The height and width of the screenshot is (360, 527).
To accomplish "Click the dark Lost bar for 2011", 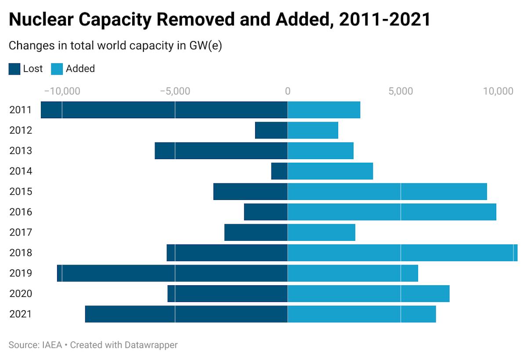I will click(164, 110).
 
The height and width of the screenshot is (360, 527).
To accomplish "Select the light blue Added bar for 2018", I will click(402, 253).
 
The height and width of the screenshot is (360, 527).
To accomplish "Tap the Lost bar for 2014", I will click(279, 171).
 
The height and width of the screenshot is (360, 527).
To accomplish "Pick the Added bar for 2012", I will click(313, 130).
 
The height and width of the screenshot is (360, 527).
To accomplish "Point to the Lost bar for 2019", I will click(172, 273).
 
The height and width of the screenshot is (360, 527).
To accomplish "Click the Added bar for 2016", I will click(392, 212).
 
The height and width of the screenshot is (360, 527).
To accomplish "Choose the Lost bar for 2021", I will click(186, 314).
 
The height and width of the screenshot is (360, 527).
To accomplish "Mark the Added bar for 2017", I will click(321, 233).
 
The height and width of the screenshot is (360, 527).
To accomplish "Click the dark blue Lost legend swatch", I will click(14, 69).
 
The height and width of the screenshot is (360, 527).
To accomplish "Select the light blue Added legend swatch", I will click(57, 69).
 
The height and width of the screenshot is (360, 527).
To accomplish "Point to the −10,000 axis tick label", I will click(62, 91).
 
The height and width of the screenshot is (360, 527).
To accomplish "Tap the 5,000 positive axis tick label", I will click(401, 91).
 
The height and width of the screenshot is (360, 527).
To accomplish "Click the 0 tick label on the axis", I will click(288, 91).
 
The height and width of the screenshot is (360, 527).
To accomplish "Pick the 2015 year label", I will click(21, 192).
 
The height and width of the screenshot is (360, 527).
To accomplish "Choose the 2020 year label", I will click(21, 294).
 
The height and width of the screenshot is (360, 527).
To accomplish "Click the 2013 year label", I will click(21, 151).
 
